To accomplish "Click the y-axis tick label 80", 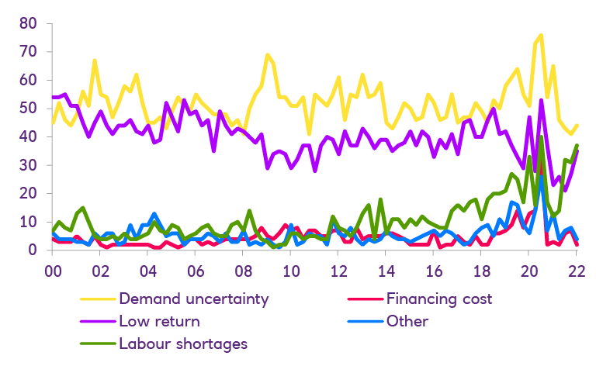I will [x=27, y=23].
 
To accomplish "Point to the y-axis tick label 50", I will [x=27, y=109].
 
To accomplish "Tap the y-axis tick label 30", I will [x=27, y=165].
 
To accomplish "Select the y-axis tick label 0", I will [x=32, y=250].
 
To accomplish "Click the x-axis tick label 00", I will [x=52, y=272].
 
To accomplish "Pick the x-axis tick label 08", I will [x=243, y=272].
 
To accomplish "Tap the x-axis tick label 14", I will [x=386, y=272].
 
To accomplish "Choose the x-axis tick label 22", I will [x=577, y=272].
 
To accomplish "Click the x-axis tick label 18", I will [x=481, y=272].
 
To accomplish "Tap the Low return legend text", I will [x=160, y=320].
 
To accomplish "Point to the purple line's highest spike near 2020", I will [x=541, y=99].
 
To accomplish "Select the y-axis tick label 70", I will [x=27, y=52].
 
